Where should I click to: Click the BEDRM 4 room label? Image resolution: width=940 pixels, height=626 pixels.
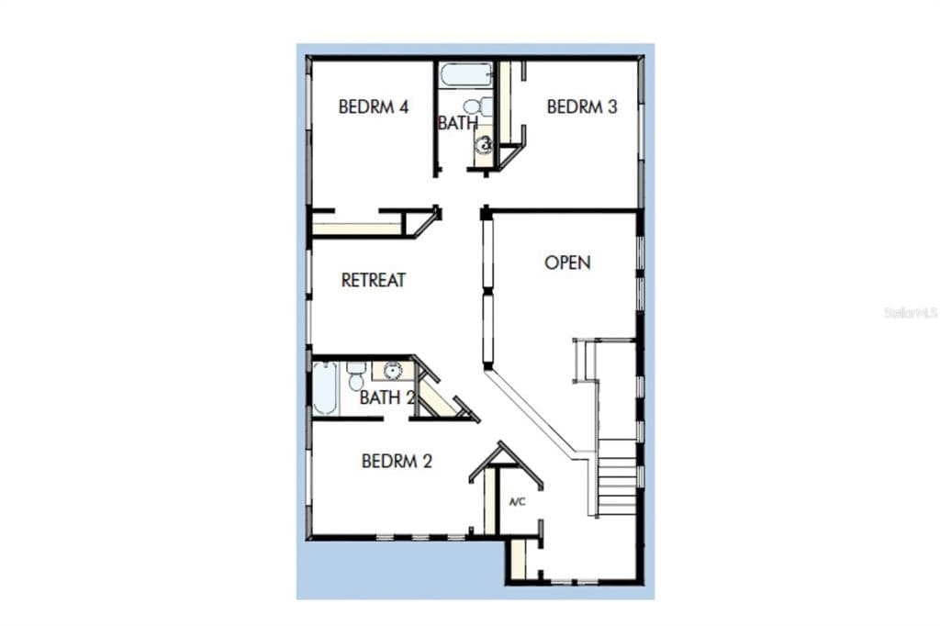(374, 106)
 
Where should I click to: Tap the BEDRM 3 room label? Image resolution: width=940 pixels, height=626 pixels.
(582, 106)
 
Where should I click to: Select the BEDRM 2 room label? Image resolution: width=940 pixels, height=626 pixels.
(397, 461)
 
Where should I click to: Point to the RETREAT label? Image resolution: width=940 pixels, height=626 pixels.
(374, 280)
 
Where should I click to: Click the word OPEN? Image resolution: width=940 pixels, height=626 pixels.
(567, 263)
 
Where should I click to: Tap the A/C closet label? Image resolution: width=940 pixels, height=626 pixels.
(518, 501)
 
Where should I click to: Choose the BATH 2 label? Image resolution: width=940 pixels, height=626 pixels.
(387, 397)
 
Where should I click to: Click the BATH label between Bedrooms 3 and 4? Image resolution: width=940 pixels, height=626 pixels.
(458, 123)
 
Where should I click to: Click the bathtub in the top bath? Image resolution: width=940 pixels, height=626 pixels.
(465, 75)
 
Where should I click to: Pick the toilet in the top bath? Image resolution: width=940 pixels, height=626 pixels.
(477, 107)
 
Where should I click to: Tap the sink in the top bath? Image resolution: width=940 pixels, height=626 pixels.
(483, 144)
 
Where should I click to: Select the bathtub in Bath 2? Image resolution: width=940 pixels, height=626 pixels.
(324, 388)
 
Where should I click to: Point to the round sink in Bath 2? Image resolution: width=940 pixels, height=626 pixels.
(393, 371)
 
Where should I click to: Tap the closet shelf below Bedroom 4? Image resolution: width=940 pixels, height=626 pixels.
(357, 229)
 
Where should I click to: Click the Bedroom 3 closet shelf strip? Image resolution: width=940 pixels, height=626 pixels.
(505, 102)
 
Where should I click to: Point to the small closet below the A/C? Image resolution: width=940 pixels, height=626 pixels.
(518, 559)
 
